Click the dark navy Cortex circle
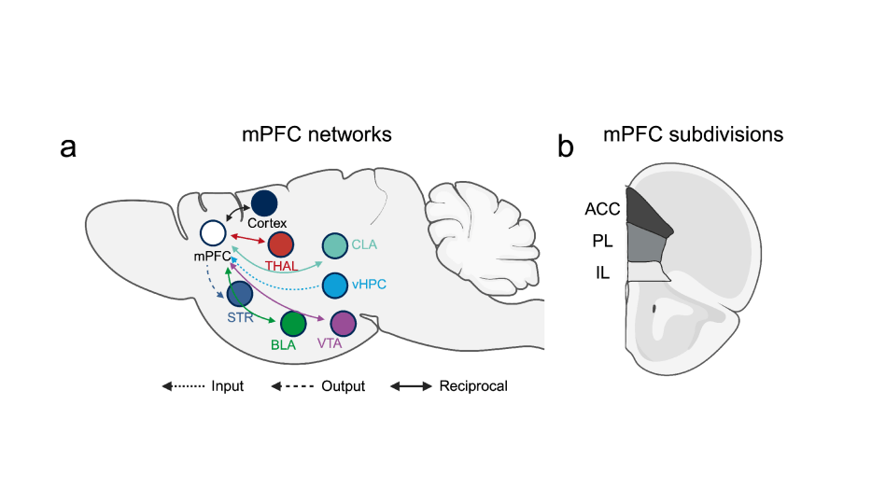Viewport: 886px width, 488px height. [x=265, y=202]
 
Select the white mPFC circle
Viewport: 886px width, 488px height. [x=213, y=232]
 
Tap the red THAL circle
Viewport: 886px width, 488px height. [x=281, y=244]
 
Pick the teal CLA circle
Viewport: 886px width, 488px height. [x=334, y=245]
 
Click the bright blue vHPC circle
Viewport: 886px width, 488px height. [x=335, y=286]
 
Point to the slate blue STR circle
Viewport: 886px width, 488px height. [x=240, y=294]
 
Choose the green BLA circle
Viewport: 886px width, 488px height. [x=293, y=324]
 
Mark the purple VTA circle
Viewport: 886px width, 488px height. [x=344, y=324]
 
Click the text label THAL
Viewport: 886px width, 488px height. [x=282, y=266]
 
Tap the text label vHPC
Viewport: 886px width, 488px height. [x=371, y=286]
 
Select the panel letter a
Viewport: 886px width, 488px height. [x=67, y=146]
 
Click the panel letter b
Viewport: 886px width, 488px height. [x=566, y=146]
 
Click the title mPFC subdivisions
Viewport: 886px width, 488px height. [x=693, y=134]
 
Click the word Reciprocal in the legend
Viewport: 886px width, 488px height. [x=473, y=385]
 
